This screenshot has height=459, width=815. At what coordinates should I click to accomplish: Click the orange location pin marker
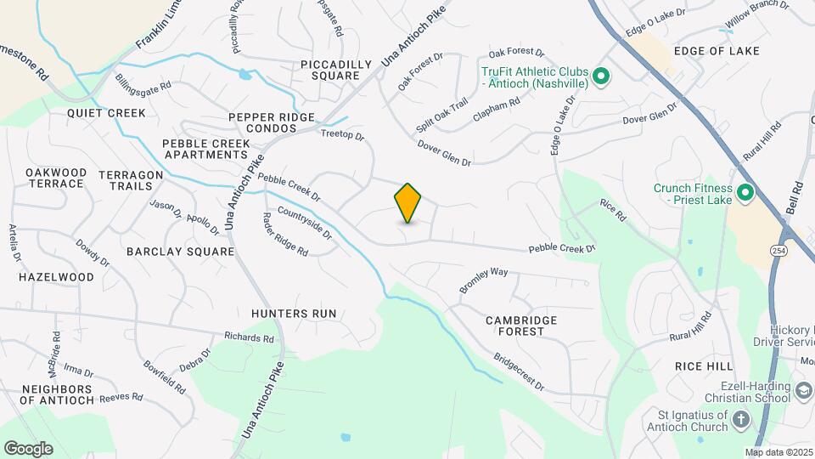coord(407,203)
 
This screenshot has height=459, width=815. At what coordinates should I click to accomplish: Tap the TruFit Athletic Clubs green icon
coord(601,78)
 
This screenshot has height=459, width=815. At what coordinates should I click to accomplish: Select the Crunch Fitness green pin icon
coord(745,194)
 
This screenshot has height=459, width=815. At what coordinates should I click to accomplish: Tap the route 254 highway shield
coord(778,250)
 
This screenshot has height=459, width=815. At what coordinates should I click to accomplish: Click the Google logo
coord(28,448)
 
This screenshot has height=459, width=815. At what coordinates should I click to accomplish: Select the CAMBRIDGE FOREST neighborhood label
coord(521,326)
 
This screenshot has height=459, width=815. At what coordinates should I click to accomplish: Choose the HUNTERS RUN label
coord(294,314)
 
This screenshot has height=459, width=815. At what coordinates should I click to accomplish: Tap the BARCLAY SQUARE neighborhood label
coord(180,252)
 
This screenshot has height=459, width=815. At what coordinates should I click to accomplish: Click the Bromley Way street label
coord(483,280)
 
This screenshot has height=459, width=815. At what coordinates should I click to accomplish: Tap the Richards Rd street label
coord(250,337)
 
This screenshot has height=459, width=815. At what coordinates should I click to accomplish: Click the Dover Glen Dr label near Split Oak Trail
coord(443,152)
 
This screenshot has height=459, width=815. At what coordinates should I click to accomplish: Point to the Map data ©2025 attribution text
coord(779,452)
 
